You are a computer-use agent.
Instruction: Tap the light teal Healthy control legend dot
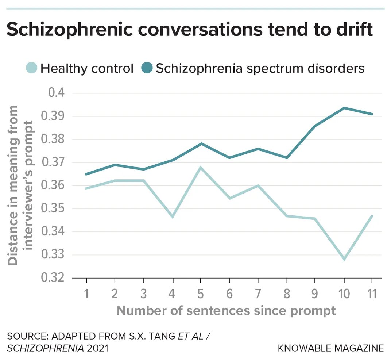[x=32, y=68]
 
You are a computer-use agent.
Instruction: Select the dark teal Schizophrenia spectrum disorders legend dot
[x=147, y=68]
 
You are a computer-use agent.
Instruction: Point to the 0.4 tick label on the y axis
[x=57, y=93]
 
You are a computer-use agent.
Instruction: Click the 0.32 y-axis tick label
[x=53, y=277]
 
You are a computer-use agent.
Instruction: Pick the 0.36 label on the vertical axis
[x=53, y=185]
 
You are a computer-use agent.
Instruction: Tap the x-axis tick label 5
[x=201, y=294]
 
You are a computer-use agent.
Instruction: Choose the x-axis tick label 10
[x=344, y=294]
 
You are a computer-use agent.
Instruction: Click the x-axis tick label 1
[x=86, y=294]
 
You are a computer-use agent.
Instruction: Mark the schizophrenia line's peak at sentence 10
[x=344, y=108]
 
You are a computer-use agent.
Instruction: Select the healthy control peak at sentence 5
[x=201, y=167]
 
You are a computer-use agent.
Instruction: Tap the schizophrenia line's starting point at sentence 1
[x=86, y=174]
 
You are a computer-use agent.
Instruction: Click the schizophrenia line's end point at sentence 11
[x=372, y=114]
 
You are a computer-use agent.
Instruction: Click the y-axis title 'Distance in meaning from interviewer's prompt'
[x=20, y=185]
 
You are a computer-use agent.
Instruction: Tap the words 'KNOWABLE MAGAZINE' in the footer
[x=331, y=348]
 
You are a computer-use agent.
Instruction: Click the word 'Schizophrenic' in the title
[x=69, y=30]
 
